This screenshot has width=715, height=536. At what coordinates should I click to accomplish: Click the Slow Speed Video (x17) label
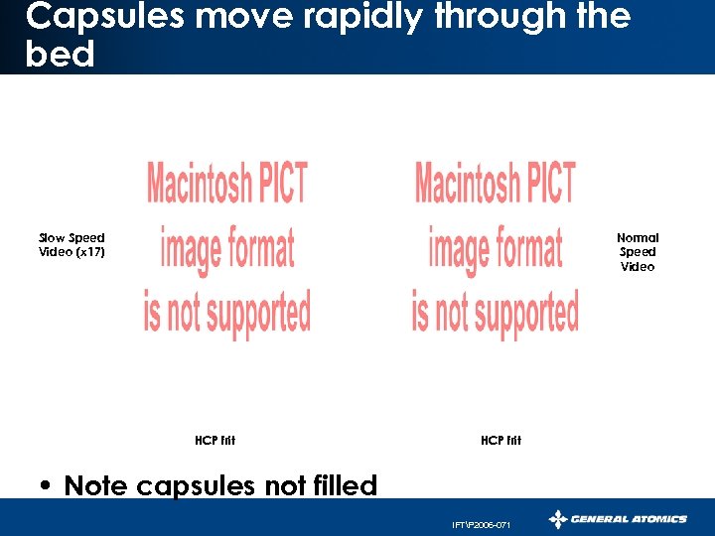tap(71, 244)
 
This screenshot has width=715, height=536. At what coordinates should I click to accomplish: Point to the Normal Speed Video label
tap(638, 252)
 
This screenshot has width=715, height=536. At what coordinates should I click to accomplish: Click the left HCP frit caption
tap(215, 440)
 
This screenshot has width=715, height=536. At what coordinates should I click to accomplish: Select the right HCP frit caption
tap(500, 440)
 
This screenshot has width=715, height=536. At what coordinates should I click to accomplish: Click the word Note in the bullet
tap(96, 485)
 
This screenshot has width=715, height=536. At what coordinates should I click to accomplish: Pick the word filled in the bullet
tap(340, 485)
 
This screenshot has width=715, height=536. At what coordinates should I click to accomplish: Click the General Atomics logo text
tap(631, 518)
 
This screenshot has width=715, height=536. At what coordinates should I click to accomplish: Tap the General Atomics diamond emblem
tap(559, 518)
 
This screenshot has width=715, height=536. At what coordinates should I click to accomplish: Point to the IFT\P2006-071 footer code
tap(481, 524)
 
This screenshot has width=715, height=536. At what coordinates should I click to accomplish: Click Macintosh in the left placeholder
tap(196, 185)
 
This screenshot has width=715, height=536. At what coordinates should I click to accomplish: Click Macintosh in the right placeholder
tap(464, 185)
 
